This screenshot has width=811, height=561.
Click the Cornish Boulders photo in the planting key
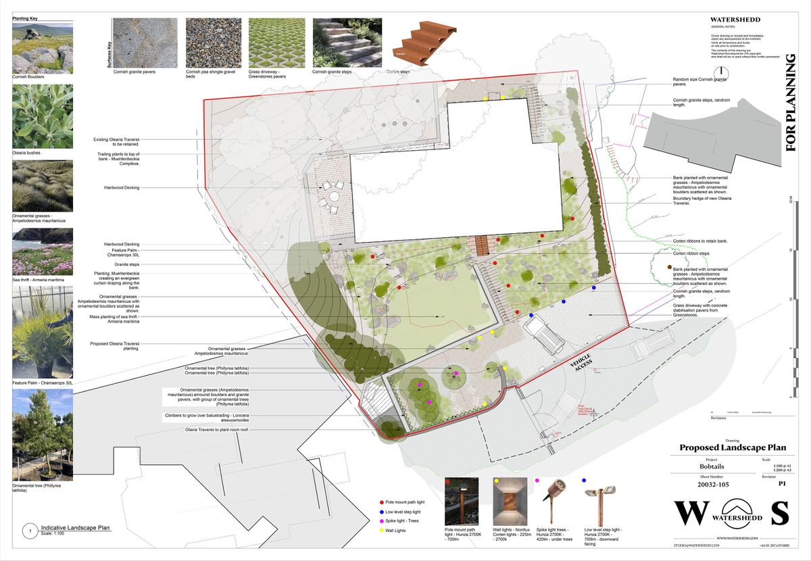point(43,48)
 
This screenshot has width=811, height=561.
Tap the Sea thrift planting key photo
point(43,251)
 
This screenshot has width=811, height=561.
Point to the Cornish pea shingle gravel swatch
point(213,42)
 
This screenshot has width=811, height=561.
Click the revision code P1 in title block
point(782,484)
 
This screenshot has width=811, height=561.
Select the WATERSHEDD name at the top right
point(736,20)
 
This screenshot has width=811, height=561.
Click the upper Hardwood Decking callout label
point(122,187)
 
